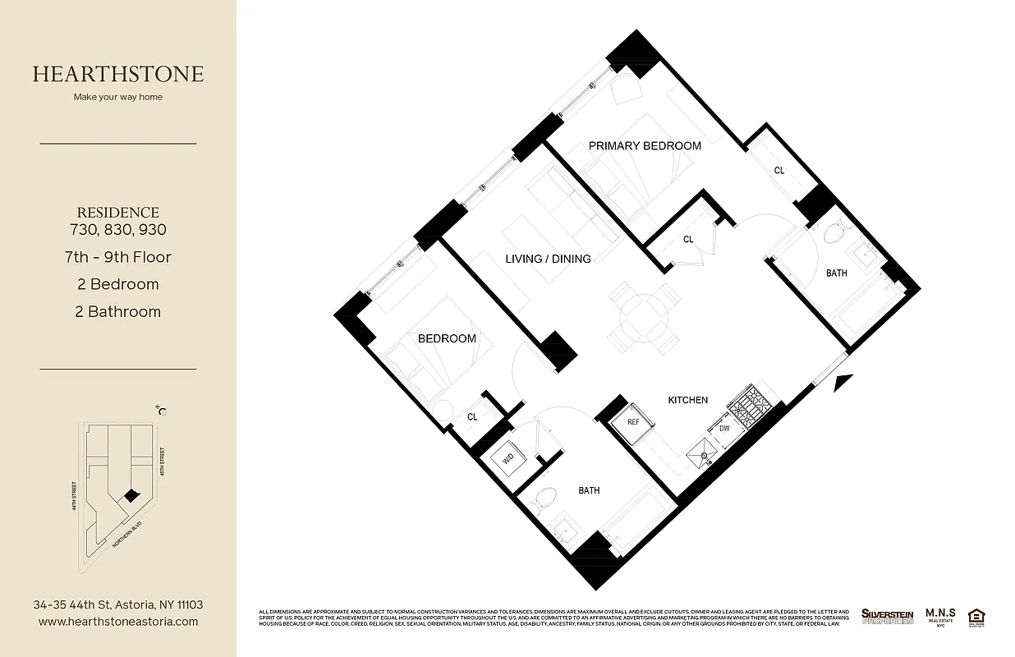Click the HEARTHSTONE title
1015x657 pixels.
(118, 74)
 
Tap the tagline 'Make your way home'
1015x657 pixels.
(118, 97)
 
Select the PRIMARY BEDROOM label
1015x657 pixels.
(645, 146)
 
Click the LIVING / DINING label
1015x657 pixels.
(548, 259)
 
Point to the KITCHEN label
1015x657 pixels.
(687, 400)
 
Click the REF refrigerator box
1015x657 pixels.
(633, 421)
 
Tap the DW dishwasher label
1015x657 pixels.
(724, 429)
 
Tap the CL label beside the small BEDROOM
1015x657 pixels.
(472, 417)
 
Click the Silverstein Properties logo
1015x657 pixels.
(887, 616)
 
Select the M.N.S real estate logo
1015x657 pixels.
(939, 616)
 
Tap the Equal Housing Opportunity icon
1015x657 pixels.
(977, 616)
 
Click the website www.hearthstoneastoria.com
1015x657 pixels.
(118, 622)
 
